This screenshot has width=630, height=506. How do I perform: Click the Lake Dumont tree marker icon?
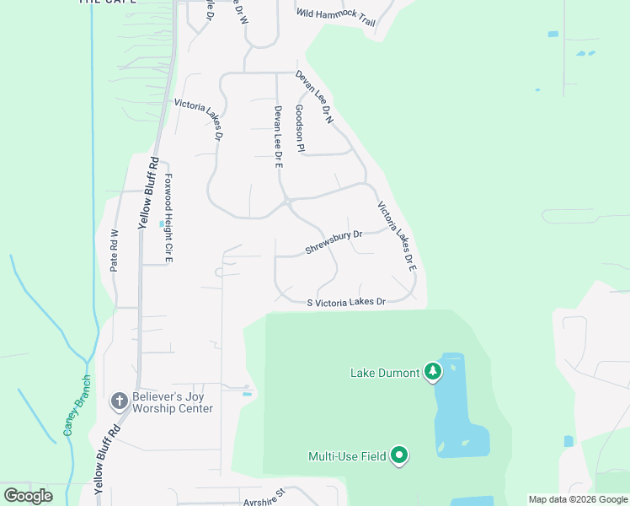[x=433, y=371]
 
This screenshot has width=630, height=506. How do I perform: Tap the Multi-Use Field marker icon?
[x=398, y=455]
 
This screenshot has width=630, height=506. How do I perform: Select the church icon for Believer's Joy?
[x=120, y=400]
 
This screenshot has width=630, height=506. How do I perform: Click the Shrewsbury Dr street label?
[x=334, y=243]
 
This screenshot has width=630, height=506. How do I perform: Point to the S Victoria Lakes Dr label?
[x=346, y=302]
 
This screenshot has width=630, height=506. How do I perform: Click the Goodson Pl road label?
[x=299, y=128]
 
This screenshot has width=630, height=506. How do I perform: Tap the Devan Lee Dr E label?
[x=277, y=137]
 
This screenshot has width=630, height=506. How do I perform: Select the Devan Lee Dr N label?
[x=314, y=98]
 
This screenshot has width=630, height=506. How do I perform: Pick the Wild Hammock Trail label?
[x=336, y=18]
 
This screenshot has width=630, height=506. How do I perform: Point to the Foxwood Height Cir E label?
[x=168, y=217]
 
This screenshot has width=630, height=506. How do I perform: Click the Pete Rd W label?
[x=115, y=250]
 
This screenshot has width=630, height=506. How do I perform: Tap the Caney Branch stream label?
[x=76, y=407]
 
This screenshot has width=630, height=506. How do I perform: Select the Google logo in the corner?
[x=28, y=495]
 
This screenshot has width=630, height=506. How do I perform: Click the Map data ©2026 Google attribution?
[x=578, y=499]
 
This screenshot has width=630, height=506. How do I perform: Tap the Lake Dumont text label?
[x=385, y=373]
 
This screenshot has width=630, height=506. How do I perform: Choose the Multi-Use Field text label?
[x=347, y=456]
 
